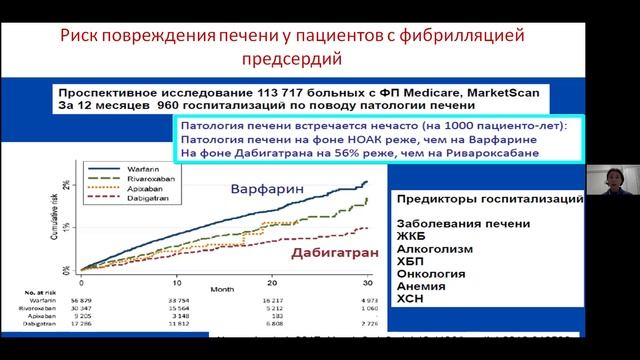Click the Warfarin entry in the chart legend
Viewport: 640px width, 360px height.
point(112,169)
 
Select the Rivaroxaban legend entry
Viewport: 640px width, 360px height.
point(115,181)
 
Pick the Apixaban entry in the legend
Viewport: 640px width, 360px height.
point(113,190)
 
